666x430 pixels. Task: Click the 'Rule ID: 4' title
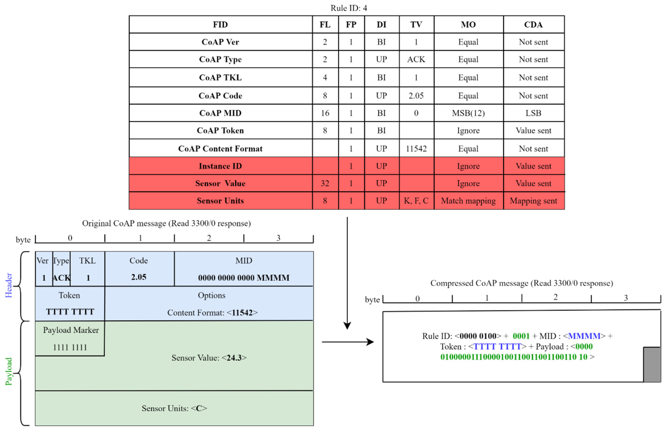point(349,8)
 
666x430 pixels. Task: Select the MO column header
point(468,25)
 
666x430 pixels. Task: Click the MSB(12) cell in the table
point(468,113)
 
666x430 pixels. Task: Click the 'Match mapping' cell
point(468,201)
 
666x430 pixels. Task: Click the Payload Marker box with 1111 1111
point(70,338)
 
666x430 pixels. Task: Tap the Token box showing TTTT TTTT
point(70,304)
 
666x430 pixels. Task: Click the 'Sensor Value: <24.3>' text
point(209,358)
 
